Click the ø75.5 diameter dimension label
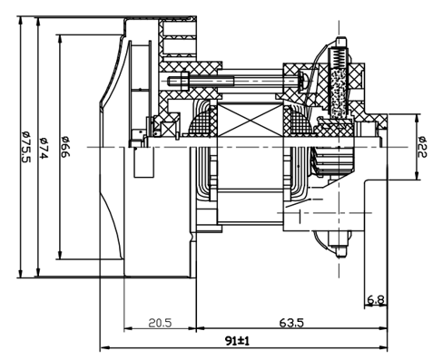[x=26, y=147]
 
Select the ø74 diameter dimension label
[x=44, y=148]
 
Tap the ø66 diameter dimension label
[x=65, y=147]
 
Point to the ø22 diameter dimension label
[x=422, y=147]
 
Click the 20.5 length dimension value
[x=160, y=323]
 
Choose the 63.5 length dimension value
[x=291, y=323]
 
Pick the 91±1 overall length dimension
[x=238, y=341]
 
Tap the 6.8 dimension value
[x=376, y=300]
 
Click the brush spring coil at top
[x=339, y=58]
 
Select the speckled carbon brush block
[x=339, y=93]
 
